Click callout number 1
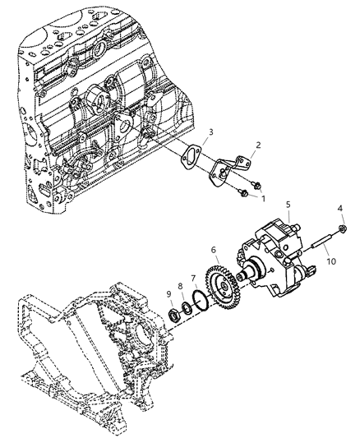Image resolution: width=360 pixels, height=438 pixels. tap(263, 198)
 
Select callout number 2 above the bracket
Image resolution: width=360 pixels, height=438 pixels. tap(257, 145)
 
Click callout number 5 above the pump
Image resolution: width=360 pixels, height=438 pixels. tap(288, 204)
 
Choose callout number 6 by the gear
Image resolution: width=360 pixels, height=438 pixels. tap(214, 251)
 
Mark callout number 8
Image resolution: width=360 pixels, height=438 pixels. tap(180, 286)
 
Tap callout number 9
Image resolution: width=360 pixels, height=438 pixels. tap(168, 293)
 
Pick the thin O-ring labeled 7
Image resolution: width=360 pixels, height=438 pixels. tap(195, 300)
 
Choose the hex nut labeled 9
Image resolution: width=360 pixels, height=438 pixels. tap(174, 313)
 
